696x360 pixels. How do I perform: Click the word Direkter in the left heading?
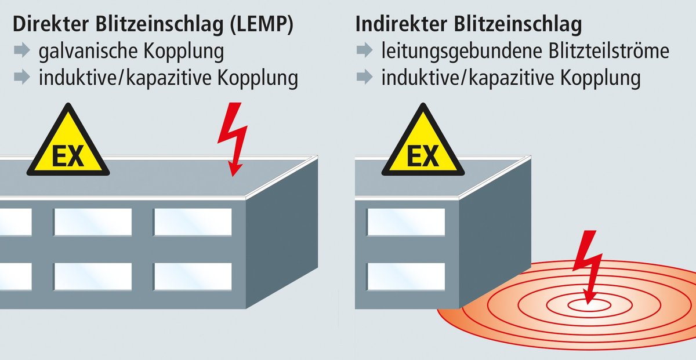tap(52, 25)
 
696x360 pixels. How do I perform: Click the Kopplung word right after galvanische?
tap(186, 52)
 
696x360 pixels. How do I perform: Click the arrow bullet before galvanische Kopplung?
tap(21, 51)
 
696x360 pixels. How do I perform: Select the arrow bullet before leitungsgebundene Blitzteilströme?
tap(364, 51)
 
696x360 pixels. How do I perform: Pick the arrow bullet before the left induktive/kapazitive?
tap(21, 78)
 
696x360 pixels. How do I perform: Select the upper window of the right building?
tap(406, 221)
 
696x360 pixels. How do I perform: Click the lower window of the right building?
tap(406, 277)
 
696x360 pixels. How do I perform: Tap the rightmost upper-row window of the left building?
tap(193, 221)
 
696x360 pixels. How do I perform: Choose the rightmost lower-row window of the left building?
tap(193, 277)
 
